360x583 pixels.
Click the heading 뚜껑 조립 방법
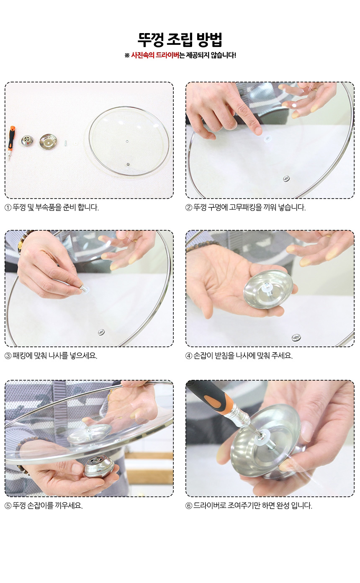coord(180,40)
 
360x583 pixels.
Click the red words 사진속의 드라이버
coord(155,55)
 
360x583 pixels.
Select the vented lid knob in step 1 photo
coord(27,141)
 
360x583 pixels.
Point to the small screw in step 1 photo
coord(66,143)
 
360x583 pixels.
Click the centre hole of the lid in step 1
coord(127,142)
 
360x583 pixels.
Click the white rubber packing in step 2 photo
coord(267,138)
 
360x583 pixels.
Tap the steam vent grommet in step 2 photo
coord(286,178)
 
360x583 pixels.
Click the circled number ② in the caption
coord(189,208)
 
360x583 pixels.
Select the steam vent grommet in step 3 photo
coord(101,332)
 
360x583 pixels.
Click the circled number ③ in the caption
coord(8,356)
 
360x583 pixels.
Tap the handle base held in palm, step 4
coord(268,289)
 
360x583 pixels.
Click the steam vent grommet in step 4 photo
coord(296,338)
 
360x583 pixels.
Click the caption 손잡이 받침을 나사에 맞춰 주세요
coord(243,356)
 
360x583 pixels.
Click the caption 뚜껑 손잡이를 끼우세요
coord(48,506)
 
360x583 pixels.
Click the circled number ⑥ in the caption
coord(189,506)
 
